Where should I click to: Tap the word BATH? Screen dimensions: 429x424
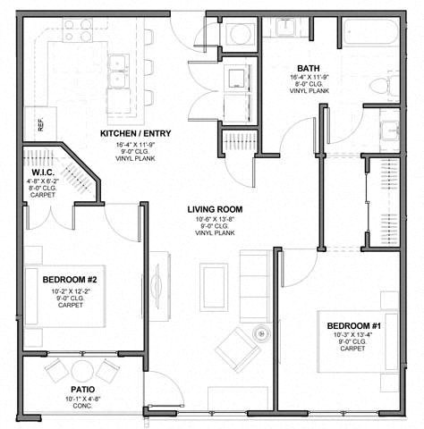point(310,68)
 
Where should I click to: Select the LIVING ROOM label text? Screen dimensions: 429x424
point(215,210)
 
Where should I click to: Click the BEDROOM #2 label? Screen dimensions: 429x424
point(70,280)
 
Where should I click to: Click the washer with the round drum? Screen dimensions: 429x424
point(241,35)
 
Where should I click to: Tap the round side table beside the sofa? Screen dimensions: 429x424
point(260,331)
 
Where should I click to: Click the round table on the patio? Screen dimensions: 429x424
point(82,370)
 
